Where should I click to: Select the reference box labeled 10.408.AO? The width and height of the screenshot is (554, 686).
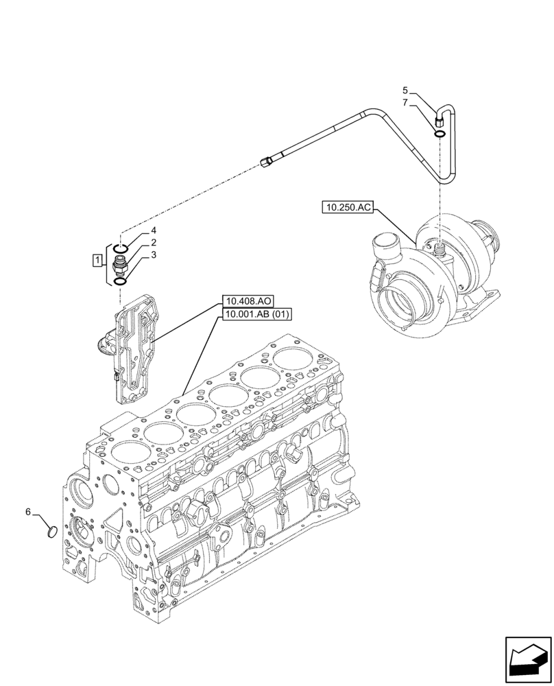(x=247, y=301)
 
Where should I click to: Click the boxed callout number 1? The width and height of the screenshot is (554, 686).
(x=98, y=260)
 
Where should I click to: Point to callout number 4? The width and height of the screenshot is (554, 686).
(x=154, y=230)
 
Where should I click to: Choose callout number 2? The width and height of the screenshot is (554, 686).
(x=154, y=242)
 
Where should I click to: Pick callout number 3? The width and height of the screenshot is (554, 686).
(x=154, y=255)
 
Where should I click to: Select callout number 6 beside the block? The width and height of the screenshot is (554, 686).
(x=27, y=512)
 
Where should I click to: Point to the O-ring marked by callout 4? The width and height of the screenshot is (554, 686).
(x=121, y=247)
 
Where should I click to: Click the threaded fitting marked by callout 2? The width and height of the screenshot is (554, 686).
(x=121, y=264)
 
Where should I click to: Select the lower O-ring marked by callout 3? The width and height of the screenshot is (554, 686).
(x=121, y=281)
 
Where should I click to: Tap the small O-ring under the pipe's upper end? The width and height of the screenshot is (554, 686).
(x=439, y=132)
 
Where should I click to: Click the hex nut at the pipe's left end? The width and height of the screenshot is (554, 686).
(x=267, y=162)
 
